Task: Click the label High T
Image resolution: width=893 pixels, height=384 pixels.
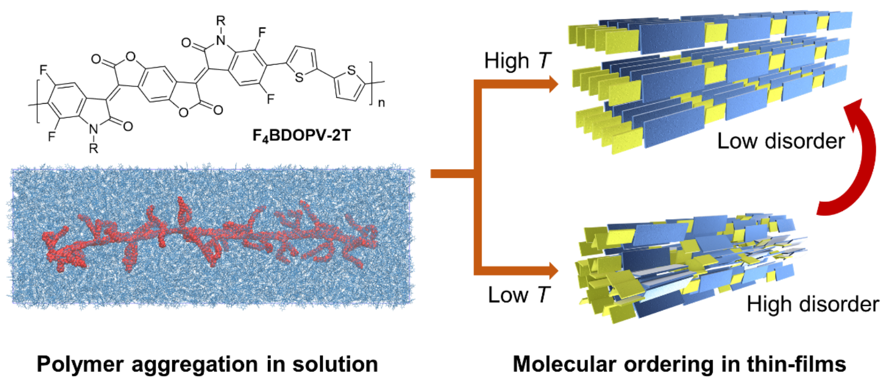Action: (x=517, y=60)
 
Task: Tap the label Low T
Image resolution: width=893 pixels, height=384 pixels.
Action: (x=518, y=295)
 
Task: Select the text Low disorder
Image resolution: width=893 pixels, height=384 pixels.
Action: (x=781, y=141)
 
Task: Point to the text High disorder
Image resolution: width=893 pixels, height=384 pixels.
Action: (x=813, y=304)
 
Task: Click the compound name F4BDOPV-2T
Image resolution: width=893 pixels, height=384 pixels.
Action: (x=301, y=135)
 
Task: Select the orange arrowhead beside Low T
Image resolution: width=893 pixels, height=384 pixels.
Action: (x=553, y=271)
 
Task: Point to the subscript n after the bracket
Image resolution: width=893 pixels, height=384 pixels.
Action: (x=382, y=103)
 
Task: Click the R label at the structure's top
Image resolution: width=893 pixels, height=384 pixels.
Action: (x=220, y=21)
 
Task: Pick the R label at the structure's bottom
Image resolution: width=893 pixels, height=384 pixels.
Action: (x=94, y=148)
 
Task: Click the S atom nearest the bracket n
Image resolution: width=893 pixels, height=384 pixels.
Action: (x=351, y=70)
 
